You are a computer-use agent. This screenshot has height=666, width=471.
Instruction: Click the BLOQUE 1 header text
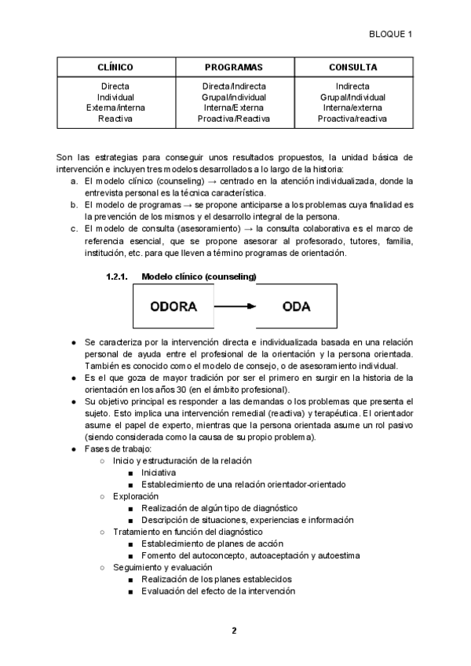tap(390, 34)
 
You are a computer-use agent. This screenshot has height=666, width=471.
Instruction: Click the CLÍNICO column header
tap(115, 68)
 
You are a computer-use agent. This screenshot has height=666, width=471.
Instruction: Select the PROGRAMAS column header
tap(234, 68)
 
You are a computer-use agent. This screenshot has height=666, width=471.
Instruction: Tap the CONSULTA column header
tap(352, 68)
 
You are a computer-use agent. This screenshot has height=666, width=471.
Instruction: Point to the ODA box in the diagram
tap(296, 306)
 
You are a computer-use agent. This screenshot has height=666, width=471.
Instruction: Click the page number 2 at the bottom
tap(234, 630)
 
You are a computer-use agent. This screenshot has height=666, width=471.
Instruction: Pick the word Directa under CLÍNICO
tap(115, 86)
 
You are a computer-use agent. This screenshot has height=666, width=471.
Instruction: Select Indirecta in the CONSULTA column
tap(352, 86)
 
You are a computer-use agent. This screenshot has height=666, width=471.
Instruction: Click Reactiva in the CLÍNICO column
tap(115, 119)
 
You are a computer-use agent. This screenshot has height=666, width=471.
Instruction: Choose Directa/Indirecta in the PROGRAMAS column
tap(234, 86)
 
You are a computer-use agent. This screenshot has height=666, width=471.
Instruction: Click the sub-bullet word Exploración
tap(136, 496)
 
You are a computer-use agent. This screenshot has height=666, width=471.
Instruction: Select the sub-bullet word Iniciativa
tap(159, 473)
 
